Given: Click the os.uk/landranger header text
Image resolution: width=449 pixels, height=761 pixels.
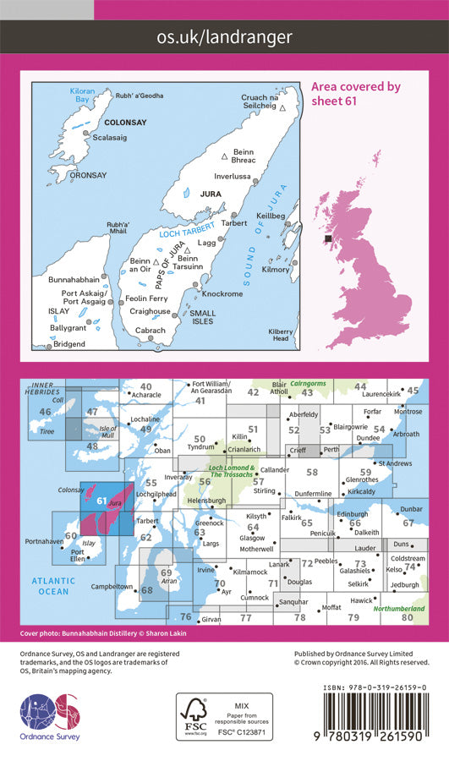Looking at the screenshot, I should click(224, 36).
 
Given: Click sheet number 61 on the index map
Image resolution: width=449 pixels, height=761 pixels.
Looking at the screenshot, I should click(101, 501).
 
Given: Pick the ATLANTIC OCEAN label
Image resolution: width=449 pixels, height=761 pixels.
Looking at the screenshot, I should click(53, 586).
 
